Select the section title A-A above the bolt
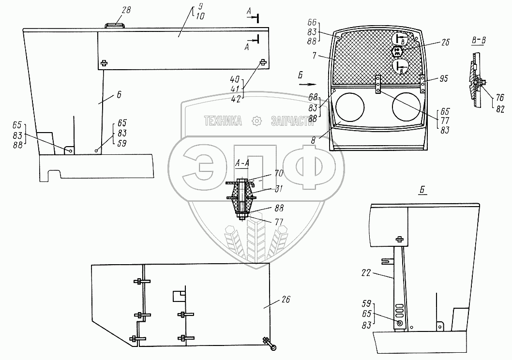tap(242, 165)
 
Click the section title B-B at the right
tap(478, 43)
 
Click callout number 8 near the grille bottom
tap(315, 140)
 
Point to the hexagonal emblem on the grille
tap(397, 50)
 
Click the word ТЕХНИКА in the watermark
tap(224, 121)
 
